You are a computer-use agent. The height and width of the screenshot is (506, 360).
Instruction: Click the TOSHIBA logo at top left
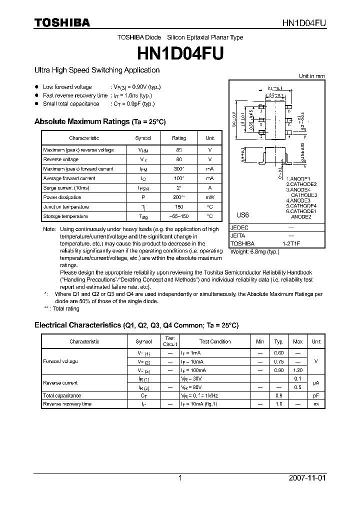pos(62,22)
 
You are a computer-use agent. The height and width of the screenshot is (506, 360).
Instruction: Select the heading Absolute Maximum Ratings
pos(82,121)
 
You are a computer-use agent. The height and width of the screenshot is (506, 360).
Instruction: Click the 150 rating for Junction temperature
pos(178,207)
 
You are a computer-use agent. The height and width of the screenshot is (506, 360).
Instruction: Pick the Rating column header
pos(178,138)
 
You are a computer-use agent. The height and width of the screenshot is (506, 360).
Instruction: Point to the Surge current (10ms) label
pos(66,188)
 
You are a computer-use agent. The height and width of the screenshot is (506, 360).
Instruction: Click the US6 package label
pos(242,215)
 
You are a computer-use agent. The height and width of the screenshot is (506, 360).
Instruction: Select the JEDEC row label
pos(239,227)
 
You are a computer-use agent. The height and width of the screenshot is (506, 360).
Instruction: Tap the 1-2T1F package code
pos(291,243)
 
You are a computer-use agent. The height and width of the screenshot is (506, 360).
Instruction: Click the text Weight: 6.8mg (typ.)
pos(255,251)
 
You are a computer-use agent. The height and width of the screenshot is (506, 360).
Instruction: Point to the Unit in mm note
pos(312,76)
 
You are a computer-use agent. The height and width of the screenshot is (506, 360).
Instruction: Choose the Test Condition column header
pos(215,342)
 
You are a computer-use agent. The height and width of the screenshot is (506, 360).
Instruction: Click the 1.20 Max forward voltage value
pos(297,370)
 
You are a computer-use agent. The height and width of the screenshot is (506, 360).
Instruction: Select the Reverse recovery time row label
pos(67,404)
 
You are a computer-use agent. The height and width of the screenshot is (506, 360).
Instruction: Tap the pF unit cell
pos(316,395)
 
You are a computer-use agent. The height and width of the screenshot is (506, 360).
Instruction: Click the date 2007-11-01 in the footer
pos(307,478)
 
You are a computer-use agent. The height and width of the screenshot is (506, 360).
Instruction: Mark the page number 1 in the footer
pos(180,478)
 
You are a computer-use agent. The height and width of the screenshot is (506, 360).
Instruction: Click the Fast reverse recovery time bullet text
pos(75,95)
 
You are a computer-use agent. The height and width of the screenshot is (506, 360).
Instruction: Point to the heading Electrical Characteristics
pos(77,325)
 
